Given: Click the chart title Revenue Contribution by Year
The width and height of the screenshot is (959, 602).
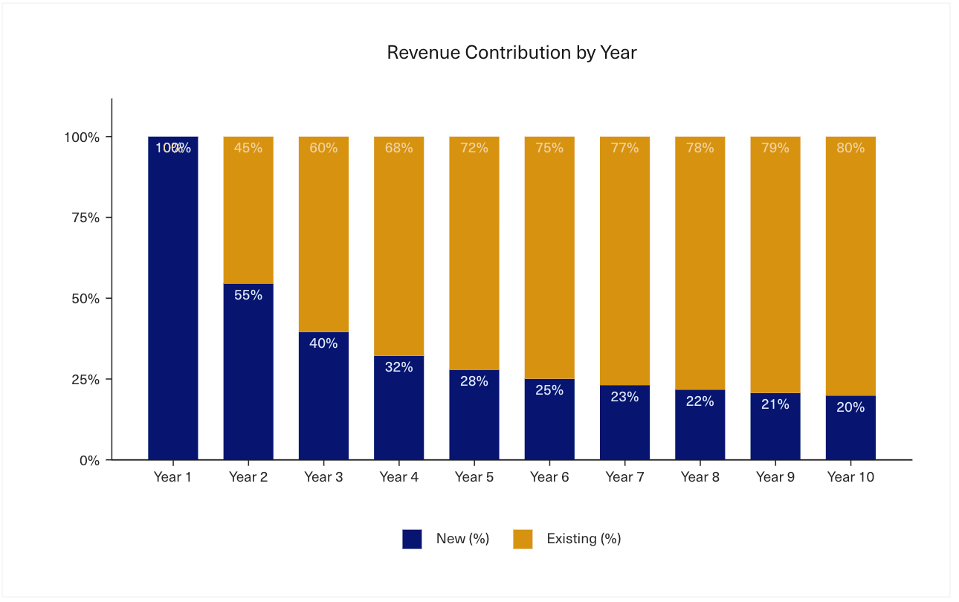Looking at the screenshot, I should click(x=511, y=53).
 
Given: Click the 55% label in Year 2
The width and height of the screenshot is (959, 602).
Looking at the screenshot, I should click(x=248, y=295).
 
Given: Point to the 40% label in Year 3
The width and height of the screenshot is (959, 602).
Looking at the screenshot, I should click(x=323, y=343).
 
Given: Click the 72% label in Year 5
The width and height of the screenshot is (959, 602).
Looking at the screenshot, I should click(x=474, y=148).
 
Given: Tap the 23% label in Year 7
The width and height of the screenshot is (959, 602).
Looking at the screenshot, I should click(x=624, y=397).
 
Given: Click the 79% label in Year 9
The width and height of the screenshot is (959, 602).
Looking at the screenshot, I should click(x=775, y=148).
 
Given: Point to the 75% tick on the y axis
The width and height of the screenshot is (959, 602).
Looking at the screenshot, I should click(x=82, y=218).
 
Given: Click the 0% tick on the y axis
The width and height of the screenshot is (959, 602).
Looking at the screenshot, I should click(x=89, y=460).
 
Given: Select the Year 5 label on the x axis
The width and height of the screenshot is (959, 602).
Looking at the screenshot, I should click(x=474, y=477).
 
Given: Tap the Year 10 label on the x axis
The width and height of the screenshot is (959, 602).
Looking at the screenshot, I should click(x=850, y=477).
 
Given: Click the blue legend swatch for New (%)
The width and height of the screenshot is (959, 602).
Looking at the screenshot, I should click(x=412, y=539).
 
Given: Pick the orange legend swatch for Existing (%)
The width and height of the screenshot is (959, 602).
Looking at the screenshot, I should click(x=523, y=539).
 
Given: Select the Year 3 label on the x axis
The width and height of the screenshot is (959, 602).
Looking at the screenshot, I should click(x=323, y=477).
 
